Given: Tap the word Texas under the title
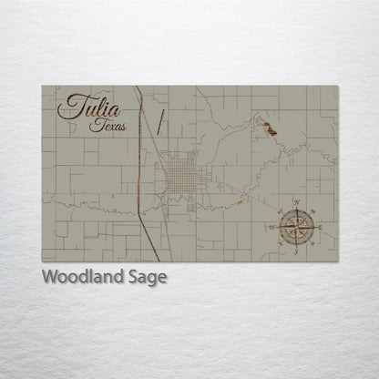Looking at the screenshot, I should [x=108, y=126].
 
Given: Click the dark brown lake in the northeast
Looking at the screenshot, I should [x=269, y=128].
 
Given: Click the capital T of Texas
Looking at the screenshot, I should [x=95, y=125].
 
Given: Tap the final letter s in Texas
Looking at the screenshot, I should [x=124, y=128].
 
